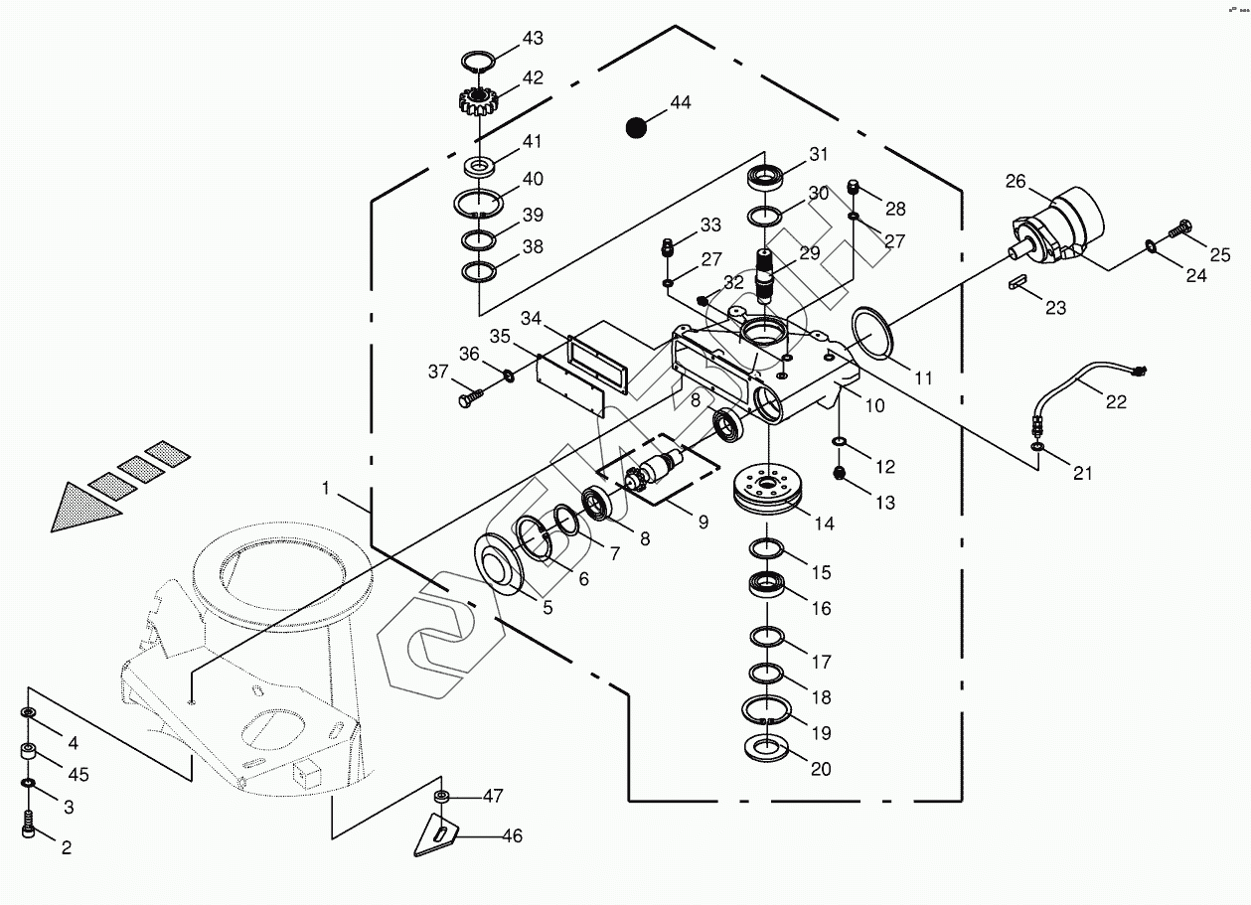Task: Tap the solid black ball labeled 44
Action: tap(636, 127)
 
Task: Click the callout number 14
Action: tap(825, 524)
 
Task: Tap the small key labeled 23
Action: tap(1020, 282)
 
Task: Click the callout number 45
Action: tap(78, 774)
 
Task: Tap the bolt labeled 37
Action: tap(469, 398)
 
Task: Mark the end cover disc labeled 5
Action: tap(498, 564)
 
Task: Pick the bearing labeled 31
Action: tap(764, 178)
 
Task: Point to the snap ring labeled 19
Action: tap(767, 710)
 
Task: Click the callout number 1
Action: tap(326, 488)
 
